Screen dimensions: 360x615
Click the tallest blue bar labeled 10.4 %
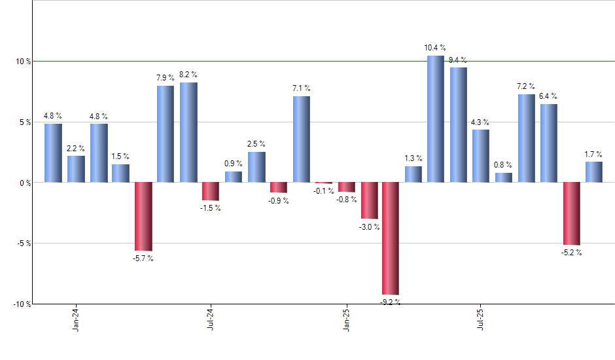pos(436,119)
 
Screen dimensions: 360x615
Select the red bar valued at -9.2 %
pos(391,238)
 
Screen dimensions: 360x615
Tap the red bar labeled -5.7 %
pos(143,216)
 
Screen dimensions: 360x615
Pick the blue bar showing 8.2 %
pos(188,132)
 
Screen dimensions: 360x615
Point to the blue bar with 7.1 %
pos(301,139)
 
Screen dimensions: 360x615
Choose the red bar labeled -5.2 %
pos(571,213)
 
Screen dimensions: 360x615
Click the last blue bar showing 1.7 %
pos(593,172)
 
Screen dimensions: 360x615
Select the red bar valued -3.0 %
pos(369,200)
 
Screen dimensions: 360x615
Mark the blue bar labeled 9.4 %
pos(458,125)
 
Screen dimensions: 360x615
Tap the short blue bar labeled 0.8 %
pos(503,177)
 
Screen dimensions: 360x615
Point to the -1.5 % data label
pos(211,208)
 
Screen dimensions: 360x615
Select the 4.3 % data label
pos(480,122)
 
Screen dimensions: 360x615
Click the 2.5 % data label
pos(256,144)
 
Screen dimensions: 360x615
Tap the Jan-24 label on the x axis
pos(77,319)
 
